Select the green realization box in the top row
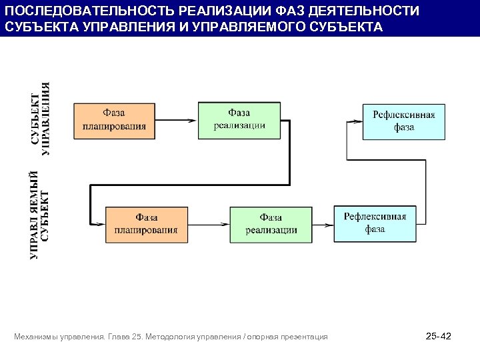tap(239, 120)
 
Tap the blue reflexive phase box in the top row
tap(403, 121)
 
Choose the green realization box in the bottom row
tap(271, 225)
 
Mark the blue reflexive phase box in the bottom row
tap(375, 223)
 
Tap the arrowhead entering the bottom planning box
tap(99, 225)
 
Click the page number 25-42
tap(438, 337)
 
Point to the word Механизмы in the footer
tap(36, 337)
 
